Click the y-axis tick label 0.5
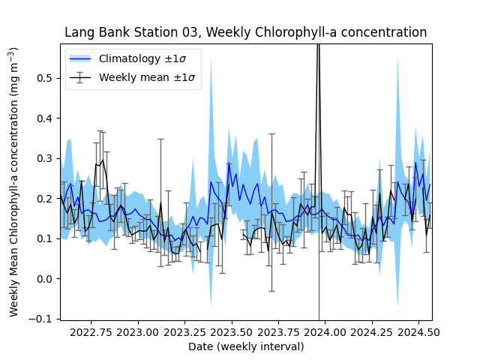pyautogui.click(x=46, y=78)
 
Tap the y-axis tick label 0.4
pyautogui.click(x=46, y=118)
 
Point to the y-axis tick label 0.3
pyautogui.click(x=46, y=158)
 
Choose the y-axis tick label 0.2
pyautogui.click(x=46, y=199)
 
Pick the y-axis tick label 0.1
pyautogui.click(x=46, y=238)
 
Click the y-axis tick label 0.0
pyautogui.click(x=46, y=279)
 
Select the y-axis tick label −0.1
pyautogui.click(x=43, y=319)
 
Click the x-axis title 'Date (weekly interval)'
pyautogui.click(x=246, y=346)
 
